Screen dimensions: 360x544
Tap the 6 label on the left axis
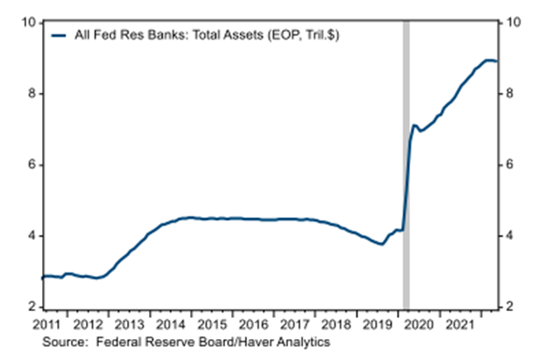coord(31,165)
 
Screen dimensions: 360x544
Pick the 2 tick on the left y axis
coord(31,307)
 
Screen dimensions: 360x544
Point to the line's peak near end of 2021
coord(489,60)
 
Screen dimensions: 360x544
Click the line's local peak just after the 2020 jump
coord(414,126)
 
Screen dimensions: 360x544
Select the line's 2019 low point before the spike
coord(382,244)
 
